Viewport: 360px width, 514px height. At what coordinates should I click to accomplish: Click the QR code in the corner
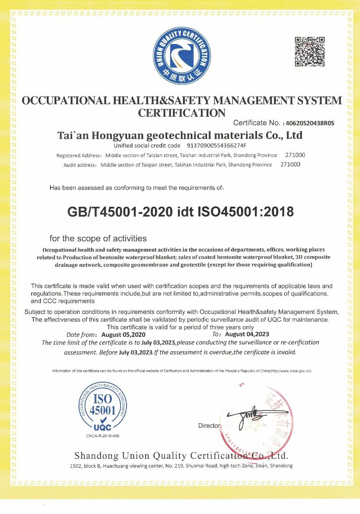point(309,52)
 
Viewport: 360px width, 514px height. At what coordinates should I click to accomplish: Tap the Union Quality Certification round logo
point(182,55)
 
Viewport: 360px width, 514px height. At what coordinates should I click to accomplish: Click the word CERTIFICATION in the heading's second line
point(182,113)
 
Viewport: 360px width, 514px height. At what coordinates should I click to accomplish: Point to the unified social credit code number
point(216,146)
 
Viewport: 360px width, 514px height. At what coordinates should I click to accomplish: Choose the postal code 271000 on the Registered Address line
point(295,155)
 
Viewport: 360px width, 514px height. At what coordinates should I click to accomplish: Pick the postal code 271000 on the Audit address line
point(290,165)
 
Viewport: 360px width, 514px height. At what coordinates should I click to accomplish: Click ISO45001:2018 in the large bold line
point(246,212)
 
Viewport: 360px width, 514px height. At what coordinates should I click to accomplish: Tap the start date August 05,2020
point(123,335)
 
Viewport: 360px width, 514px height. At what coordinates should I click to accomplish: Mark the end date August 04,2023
point(247,335)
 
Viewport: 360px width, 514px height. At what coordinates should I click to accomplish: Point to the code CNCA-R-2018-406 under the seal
point(103,436)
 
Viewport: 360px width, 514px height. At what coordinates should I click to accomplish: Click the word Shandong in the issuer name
point(95,456)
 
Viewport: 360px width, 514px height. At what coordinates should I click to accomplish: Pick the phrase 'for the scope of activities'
point(98,238)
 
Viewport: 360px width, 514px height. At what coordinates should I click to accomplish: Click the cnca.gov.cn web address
point(294,371)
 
